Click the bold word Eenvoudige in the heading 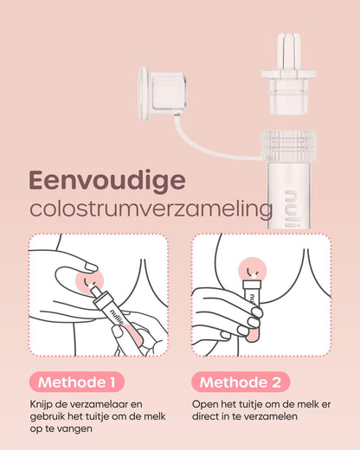(106, 179)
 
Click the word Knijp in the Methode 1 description (42, 404)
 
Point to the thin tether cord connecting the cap (208, 147)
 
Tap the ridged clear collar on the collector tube (287, 145)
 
